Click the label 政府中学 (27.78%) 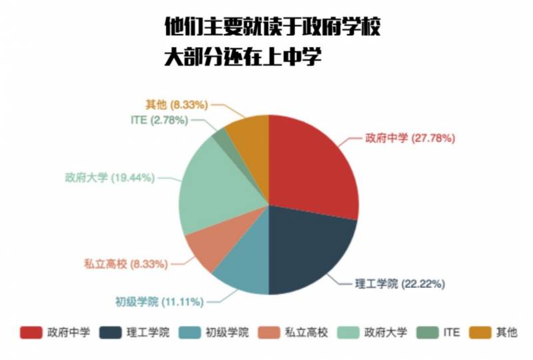pyautogui.click(x=409, y=139)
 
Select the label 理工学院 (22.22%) pyautogui.click(x=399, y=283)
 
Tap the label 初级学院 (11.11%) pyautogui.click(x=157, y=301)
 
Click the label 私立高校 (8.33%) pyautogui.click(x=125, y=263)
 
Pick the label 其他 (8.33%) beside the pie pyautogui.click(x=177, y=105)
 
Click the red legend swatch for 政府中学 pyautogui.click(x=31, y=332)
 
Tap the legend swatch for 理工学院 pyautogui.click(x=111, y=332)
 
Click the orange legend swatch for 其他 pyautogui.click(x=480, y=332)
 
